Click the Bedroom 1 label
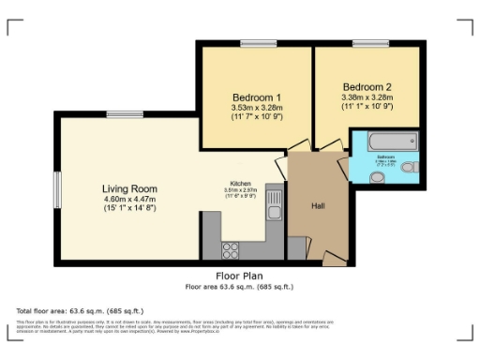click(256, 97)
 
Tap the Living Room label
click(128, 187)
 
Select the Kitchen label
click(241, 184)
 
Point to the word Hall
click(318, 205)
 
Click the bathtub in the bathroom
click(386, 142)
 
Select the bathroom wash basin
click(365, 175)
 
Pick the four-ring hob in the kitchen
click(231, 249)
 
